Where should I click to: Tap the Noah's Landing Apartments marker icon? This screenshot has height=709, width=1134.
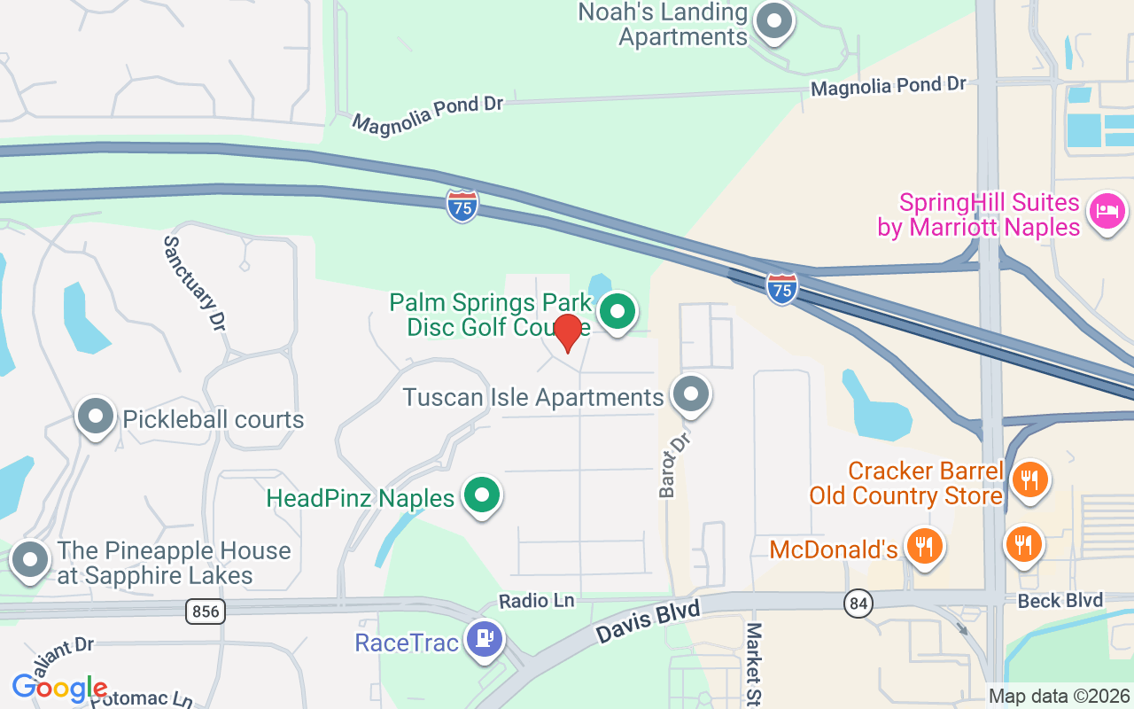click(774, 21)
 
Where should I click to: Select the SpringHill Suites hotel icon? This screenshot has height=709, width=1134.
click(1107, 212)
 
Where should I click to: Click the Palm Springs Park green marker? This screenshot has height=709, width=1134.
click(617, 312)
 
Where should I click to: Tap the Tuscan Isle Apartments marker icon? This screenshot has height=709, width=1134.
click(691, 394)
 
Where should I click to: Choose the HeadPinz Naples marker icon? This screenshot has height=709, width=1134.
click(482, 495)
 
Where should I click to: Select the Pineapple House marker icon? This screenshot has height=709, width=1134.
click(32, 560)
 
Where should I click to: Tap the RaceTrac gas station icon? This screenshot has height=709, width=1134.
click(484, 638)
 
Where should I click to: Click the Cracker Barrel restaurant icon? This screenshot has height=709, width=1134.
click(1029, 480)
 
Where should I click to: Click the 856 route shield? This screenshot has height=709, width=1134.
click(205, 611)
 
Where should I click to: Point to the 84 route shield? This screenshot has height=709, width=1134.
click(858, 604)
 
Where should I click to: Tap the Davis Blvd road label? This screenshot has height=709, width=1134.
click(648, 622)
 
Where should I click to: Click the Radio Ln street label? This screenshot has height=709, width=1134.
click(536, 601)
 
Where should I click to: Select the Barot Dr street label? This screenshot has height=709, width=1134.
click(673, 464)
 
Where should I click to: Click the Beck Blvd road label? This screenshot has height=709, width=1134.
click(1060, 601)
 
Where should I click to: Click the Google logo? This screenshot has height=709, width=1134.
click(59, 687)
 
